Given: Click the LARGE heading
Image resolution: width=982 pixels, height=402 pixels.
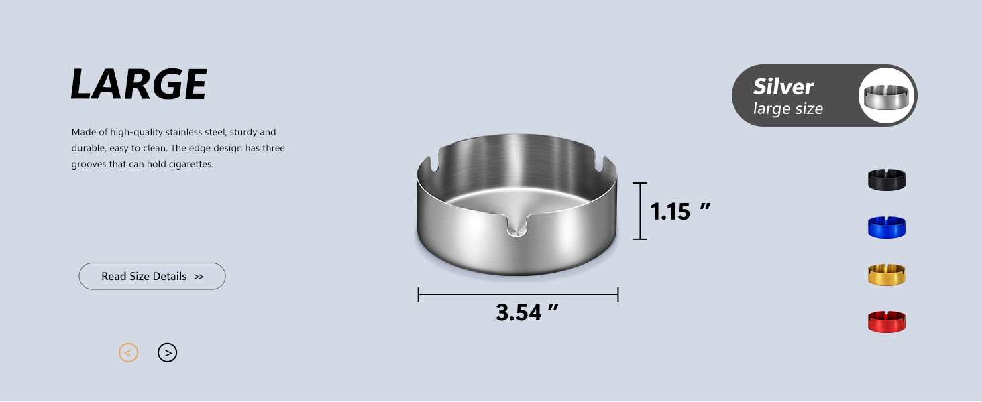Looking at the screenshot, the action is coord(139,84).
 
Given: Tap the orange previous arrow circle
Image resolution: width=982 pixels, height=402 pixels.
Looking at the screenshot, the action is coord(128,352).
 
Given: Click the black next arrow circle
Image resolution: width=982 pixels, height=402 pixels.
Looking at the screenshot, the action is coord(168,352).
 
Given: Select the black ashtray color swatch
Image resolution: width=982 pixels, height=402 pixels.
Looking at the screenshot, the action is coord(887,180).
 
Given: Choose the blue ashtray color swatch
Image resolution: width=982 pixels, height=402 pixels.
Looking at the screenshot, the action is coord(887,227).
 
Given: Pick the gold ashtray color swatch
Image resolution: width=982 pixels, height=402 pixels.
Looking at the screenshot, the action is coord(887,275).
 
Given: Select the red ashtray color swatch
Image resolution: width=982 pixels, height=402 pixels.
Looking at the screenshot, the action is coord(887,322).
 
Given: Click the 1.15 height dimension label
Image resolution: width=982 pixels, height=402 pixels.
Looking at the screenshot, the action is coord(680,212).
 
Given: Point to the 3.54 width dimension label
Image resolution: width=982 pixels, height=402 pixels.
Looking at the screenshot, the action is coord(527,312).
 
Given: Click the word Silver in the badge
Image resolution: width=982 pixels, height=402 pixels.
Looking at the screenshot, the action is coord(783,86).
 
